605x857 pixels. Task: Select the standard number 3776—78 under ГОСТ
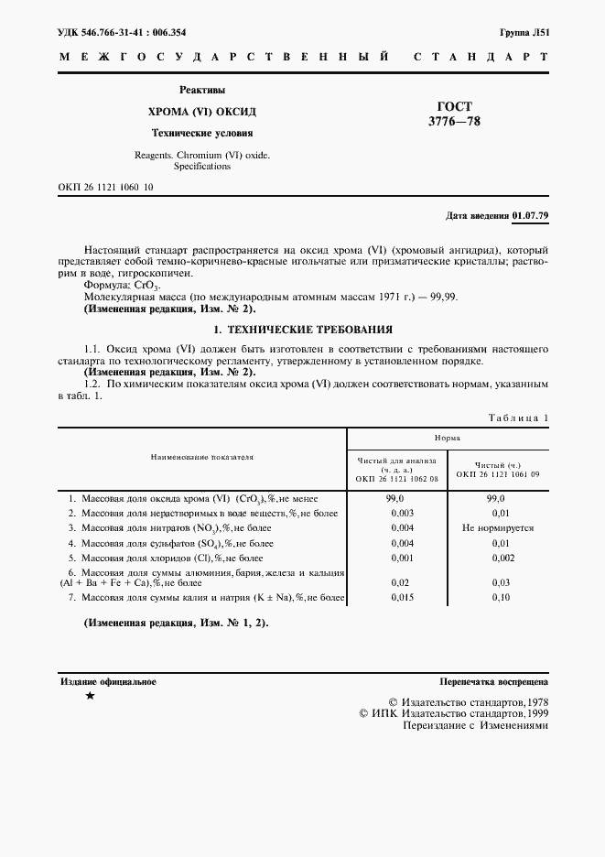click(x=456, y=122)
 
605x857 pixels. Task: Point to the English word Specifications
click(x=202, y=167)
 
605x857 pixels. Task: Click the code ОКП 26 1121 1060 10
click(x=105, y=187)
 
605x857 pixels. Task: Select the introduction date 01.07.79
click(x=531, y=215)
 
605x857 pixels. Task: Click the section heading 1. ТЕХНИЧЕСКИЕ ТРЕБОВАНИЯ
click(x=302, y=329)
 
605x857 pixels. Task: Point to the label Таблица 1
click(x=518, y=418)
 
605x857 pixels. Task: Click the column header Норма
click(x=448, y=439)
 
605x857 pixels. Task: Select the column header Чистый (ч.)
click(x=497, y=465)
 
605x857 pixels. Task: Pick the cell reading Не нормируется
click(x=497, y=528)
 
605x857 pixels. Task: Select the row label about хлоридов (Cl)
click(x=159, y=557)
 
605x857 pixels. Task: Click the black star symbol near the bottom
click(x=89, y=697)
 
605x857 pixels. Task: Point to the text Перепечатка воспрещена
click(x=493, y=682)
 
